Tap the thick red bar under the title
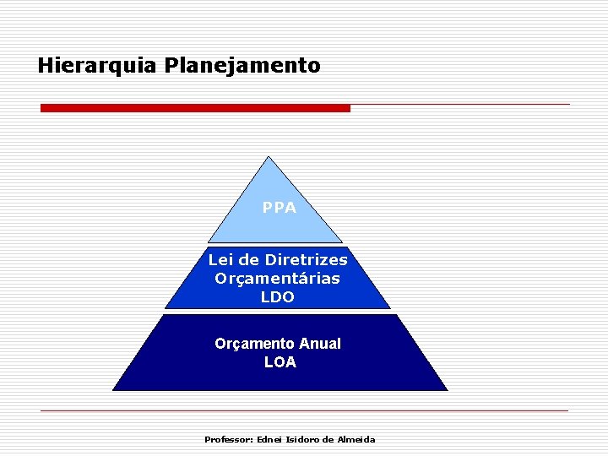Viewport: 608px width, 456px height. (x=195, y=108)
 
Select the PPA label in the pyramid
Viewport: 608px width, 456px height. (x=279, y=207)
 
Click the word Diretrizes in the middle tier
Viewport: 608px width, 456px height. (x=306, y=259)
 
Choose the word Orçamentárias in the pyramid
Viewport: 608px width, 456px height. (x=278, y=278)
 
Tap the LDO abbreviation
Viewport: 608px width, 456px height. (x=278, y=297)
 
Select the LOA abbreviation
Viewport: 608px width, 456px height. (x=280, y=362)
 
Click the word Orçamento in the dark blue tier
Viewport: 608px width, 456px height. (x=254, y=344)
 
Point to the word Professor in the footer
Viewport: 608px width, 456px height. (x=227, y=439)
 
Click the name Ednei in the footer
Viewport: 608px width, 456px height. (x=270, y=439)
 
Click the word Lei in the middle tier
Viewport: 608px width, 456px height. (x=220, y=259)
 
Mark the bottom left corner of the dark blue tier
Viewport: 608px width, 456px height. (x=114, y=389)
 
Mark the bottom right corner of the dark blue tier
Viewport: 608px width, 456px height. (x=446, y=389)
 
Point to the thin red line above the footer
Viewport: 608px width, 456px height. (x=304, y=410)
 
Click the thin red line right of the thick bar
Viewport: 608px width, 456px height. (x=460, y=105)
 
